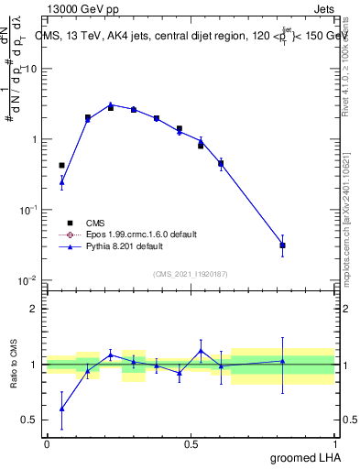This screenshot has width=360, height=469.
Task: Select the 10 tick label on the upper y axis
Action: tap(31, 70)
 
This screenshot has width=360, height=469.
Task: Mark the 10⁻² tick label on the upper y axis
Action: tap(28, 280)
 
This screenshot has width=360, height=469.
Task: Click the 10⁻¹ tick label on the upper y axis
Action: tap(28, 210)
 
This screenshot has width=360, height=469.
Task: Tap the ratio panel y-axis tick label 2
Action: tap(34, 309)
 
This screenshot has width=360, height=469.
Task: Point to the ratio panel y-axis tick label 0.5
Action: tap(30, 420)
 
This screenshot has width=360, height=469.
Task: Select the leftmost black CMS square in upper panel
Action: tap(61, 166)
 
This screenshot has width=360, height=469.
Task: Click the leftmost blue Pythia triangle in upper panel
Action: tap(61, 181)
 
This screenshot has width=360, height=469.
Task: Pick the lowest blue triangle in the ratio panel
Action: tap(61, 409)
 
